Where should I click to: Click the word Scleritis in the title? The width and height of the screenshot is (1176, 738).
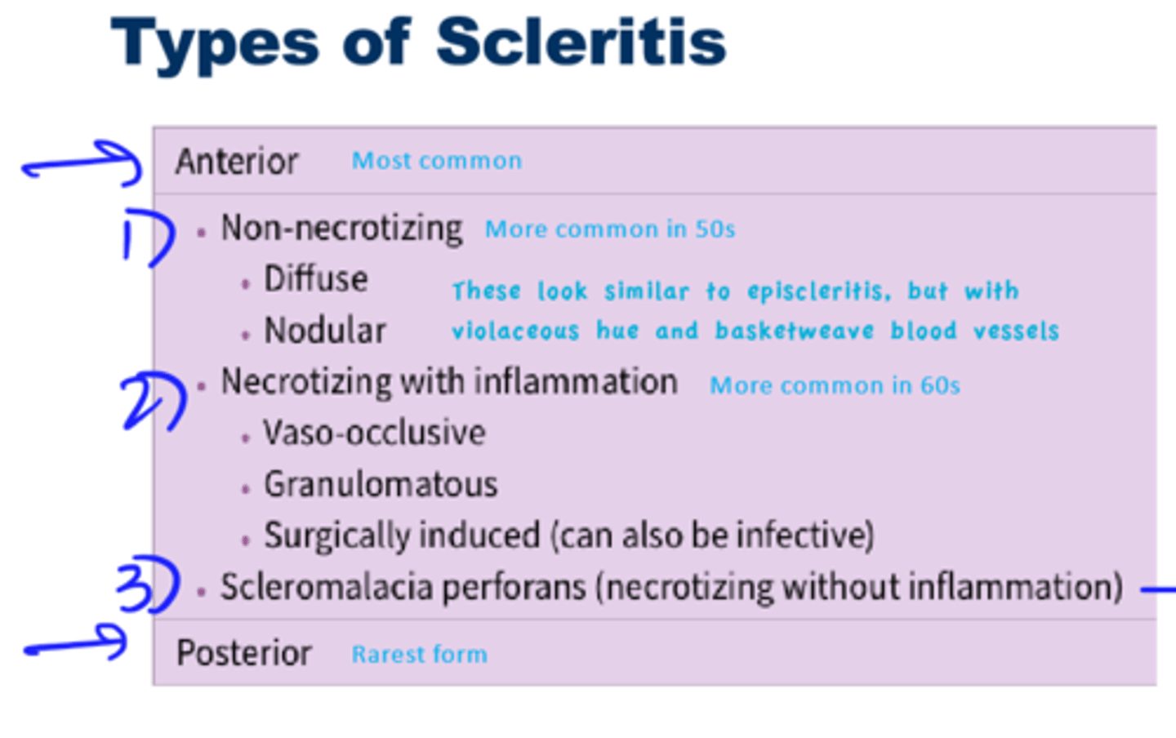(x=581, y=42)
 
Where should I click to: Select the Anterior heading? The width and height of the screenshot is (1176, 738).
(x=237, y=162)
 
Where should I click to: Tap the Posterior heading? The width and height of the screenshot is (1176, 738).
(x=243, y=653)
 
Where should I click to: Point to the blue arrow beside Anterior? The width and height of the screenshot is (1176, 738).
(x=82, y=163)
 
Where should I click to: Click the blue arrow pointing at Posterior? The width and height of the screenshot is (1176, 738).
(x=76, y=645)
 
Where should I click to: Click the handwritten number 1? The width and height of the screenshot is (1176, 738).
(x=147, y=238)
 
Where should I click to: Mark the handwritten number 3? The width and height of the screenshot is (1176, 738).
(x=147, y=585)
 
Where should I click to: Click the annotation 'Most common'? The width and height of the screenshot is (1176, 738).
(x=436, y=161)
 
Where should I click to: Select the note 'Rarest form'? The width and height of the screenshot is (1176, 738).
(x=419, y=654)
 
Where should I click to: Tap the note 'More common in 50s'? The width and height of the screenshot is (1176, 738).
(x=609, y=229)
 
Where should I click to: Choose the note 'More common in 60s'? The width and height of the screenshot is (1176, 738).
(x=835, y=385)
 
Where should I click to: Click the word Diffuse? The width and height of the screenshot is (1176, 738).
(x=315, y=280)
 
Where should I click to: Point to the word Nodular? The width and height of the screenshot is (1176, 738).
(x=324, y=331)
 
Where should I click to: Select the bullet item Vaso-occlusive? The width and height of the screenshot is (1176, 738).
(x=374, y=433)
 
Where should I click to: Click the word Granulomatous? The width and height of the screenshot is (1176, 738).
(x=381, y=485)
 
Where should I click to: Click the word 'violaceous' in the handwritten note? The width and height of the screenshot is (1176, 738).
(x=515, y=331)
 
